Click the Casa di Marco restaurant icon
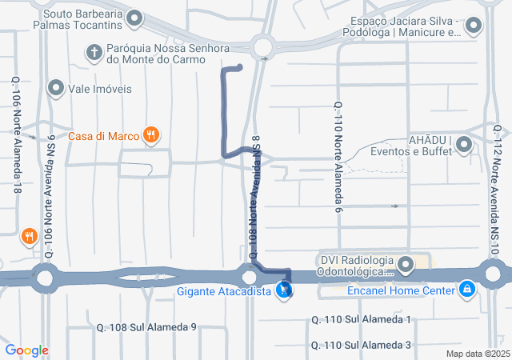point(150,135)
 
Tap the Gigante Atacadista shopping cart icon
point(283,291)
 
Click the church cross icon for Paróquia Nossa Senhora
point(94,52)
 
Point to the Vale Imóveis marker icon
point(56,88)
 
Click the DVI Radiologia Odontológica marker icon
point(406,264)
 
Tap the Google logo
point(26,350)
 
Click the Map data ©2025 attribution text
point(477,354)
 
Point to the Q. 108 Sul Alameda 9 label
point(146,327)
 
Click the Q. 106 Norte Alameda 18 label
point(17,124)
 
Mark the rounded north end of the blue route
point(239,67)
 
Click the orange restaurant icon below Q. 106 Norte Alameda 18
point(29,235)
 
